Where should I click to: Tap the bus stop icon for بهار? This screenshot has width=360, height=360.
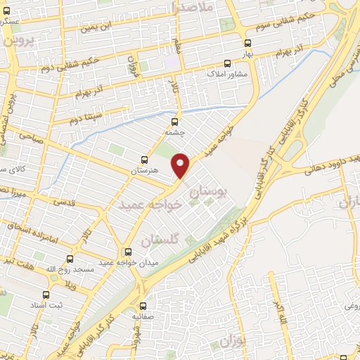point(266,41)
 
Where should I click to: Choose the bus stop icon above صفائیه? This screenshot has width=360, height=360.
point(143,306)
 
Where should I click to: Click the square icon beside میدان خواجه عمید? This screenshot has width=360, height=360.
point(127,252)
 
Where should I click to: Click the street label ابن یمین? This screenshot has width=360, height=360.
point(95,27)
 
